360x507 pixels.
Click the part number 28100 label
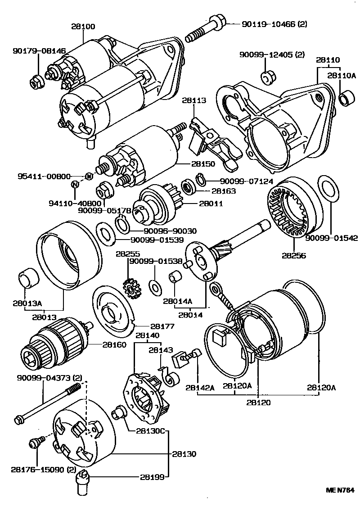click(83, 27)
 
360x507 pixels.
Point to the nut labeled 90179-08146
click(36, 82)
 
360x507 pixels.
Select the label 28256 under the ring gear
click(294, 255)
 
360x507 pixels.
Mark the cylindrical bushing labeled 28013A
click(28, 277)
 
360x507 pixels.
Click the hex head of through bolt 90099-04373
click(19, 420)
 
